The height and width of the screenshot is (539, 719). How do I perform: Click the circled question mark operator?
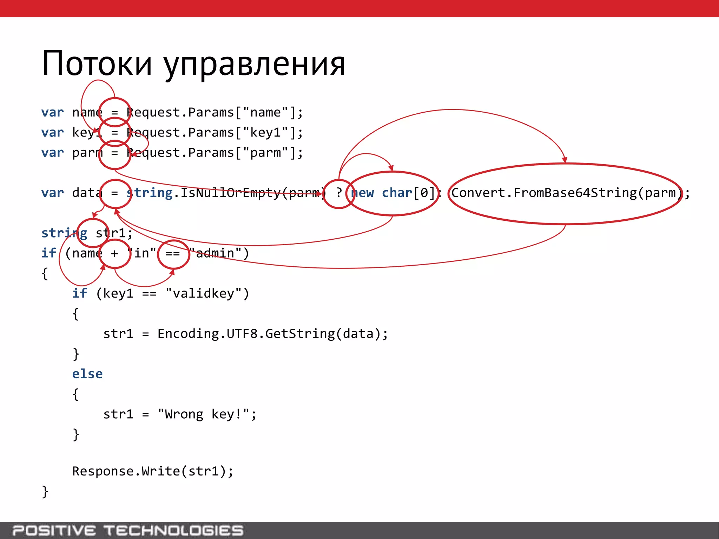pos(338,193)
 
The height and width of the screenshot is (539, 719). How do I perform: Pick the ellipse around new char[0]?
pos(393,193)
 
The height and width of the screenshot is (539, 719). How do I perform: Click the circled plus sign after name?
pos(115,253)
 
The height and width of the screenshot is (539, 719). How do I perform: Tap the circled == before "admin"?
pos(173,253)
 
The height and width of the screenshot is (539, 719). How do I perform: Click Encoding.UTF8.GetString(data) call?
pos(272,334)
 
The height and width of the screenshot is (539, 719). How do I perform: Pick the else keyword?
pos(87,374)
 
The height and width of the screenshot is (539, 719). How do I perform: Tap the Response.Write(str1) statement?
pos(153,471)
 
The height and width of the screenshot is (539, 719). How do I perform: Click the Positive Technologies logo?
pos(128,530)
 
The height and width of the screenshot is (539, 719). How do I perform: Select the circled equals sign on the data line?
pos(115,193)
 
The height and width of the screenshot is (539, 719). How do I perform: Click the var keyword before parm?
pos(53,153)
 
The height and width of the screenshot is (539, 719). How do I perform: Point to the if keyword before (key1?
pos(80,293)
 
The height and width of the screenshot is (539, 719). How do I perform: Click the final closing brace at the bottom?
pos(45,491)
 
